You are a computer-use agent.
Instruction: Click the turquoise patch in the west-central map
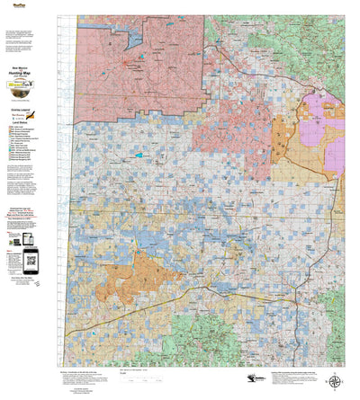tap(138, 156)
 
